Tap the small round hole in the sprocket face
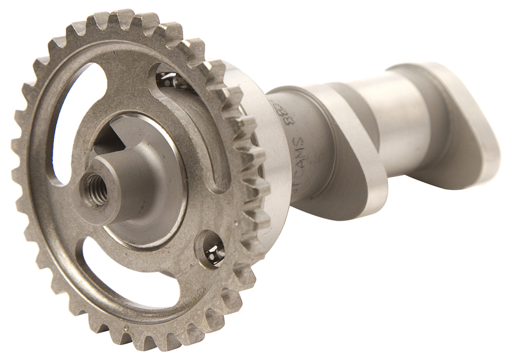(x=213, y=249)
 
